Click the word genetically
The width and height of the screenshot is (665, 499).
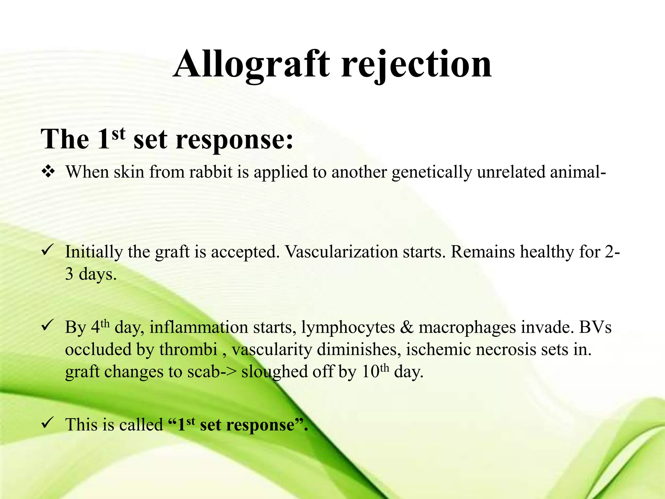432,172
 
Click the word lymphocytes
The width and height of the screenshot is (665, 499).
348,327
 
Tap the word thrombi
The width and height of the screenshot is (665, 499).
188,350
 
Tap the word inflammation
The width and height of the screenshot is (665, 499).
198,327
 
